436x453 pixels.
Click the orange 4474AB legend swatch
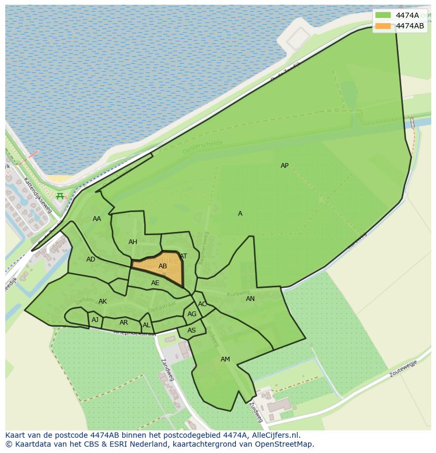tap(383, 26)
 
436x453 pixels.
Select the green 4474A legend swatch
tap(383, 15)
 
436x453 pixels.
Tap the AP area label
tap(284, 166)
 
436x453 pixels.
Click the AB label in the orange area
tap(163, 266)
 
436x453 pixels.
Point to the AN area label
tap(250, 299)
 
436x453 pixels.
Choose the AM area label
tap(225, 359)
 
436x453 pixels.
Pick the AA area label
tap(97, 219)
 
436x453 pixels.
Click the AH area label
tap(133, 242)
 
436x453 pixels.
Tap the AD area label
tap(91, 259)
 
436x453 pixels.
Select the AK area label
tap(103, 301)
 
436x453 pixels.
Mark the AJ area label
tap(95, 320)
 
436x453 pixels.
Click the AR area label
tap(124, 323)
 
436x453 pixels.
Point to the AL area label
tap(146, 325)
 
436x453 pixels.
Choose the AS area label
tap(192, 330)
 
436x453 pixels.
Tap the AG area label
tap(192, 314)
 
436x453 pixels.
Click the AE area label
tap(155, 283)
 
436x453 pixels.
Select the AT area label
tap(183, 256)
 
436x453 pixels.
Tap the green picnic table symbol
tap(60, 196)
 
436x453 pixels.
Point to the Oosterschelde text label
tap(203, 147)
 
